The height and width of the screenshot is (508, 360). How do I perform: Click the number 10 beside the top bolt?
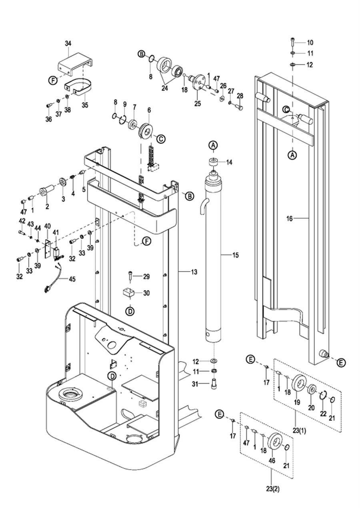(x=310, y=43)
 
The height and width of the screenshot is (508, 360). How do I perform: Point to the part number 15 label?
(x=235, y=255)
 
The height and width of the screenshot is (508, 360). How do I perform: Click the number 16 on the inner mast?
(x=290, y=218)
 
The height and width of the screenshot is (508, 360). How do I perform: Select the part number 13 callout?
(x=194, y=272)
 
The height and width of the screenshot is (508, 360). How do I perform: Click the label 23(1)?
(x=300, y=432)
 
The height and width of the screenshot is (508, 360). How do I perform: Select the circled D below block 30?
(x=130, y=311)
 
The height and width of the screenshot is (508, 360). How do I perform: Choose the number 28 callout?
(x=240, y=96)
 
